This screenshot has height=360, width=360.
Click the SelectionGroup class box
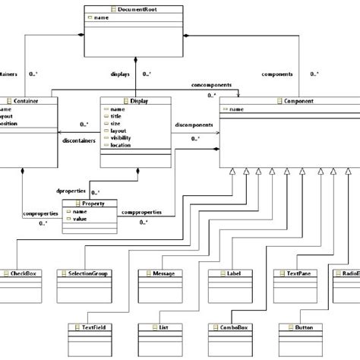[88, 277]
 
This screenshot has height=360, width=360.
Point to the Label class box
[229, 277]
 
